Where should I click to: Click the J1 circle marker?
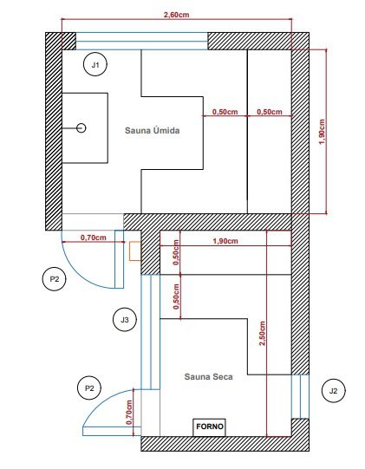(95, 64)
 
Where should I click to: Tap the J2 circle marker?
(333, 391)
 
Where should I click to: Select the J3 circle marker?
(125, 319)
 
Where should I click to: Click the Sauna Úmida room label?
(153, 130)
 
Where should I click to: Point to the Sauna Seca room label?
(209, 376)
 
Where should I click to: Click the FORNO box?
(209, 427)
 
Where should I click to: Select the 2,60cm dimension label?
(177, 15)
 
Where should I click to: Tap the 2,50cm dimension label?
(262, 333)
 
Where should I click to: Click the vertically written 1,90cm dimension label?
(322, 132)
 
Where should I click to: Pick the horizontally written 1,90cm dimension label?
(225, 241)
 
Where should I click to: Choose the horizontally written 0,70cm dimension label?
(94, 238)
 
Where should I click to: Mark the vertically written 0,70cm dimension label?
(129, 412)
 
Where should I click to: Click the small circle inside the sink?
(81, 128)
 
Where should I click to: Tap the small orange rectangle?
(135, 251)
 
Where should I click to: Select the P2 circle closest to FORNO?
(89, 388)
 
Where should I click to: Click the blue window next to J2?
(300, 396)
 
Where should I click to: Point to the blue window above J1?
(141, 41)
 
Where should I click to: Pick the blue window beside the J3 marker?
(150, 332)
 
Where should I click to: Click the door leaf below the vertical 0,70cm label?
(112, 431)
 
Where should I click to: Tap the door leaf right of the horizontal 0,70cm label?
(120, 259)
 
